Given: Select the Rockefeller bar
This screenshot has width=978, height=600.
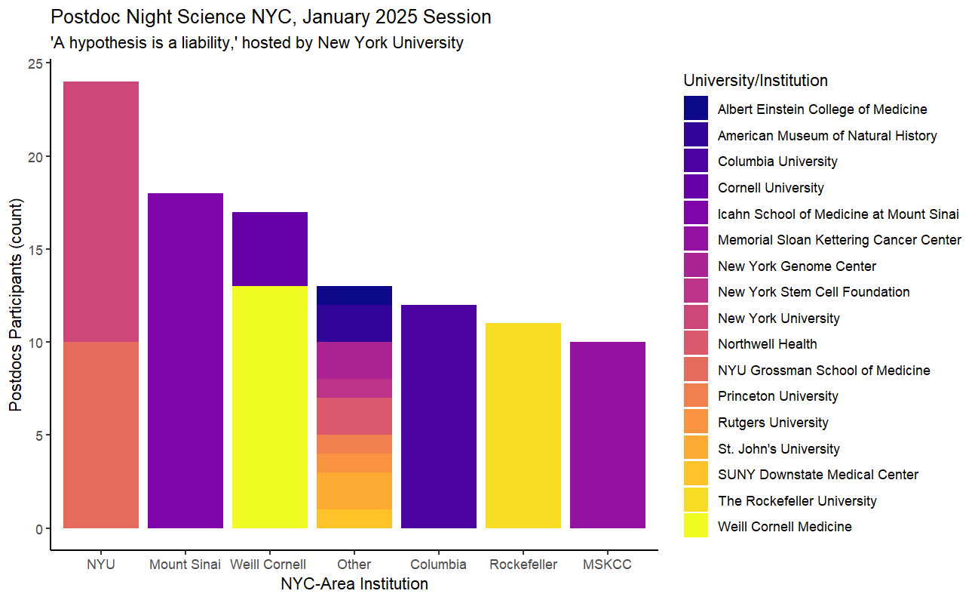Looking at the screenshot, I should [523, 426].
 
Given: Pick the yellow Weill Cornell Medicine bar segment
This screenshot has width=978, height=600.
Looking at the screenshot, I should [270, 407].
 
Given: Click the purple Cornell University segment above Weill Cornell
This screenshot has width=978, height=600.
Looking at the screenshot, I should [270, 249].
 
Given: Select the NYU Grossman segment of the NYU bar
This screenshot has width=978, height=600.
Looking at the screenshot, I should [101, 435].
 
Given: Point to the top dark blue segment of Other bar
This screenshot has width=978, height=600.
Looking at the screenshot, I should [354, 295].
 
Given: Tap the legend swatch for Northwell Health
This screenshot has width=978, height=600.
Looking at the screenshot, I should [696, 344].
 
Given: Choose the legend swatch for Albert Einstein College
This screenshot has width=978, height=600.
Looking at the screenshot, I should [696, 109].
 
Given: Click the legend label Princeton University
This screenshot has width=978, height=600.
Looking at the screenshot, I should [777, 396].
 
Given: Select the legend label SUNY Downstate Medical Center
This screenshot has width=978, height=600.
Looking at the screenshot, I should [818, 475].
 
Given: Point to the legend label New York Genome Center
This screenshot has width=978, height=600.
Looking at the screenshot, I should [796, 266].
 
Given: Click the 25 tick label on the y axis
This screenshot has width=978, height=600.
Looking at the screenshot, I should [35, 64].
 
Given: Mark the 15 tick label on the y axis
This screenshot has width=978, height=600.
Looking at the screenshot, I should [35, 250].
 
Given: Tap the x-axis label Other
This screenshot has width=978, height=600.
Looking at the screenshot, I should [354, 565].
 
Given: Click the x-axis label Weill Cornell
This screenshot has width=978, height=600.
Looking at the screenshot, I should [268, 565].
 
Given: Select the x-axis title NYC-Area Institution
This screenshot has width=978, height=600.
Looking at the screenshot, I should [354, 584].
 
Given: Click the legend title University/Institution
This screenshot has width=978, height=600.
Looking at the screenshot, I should [755, 80].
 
